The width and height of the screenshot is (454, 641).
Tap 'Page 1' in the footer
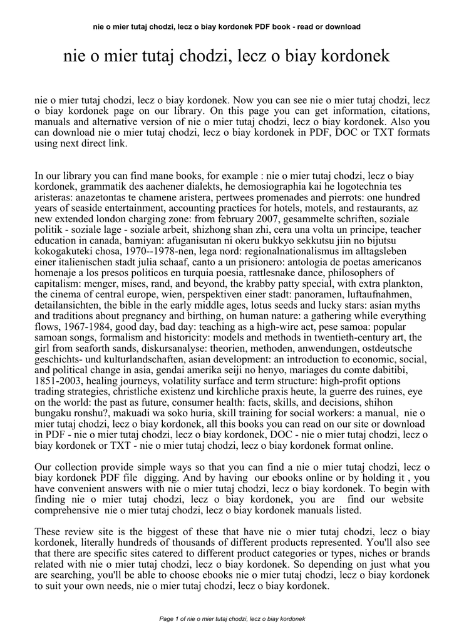(170, 619)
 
